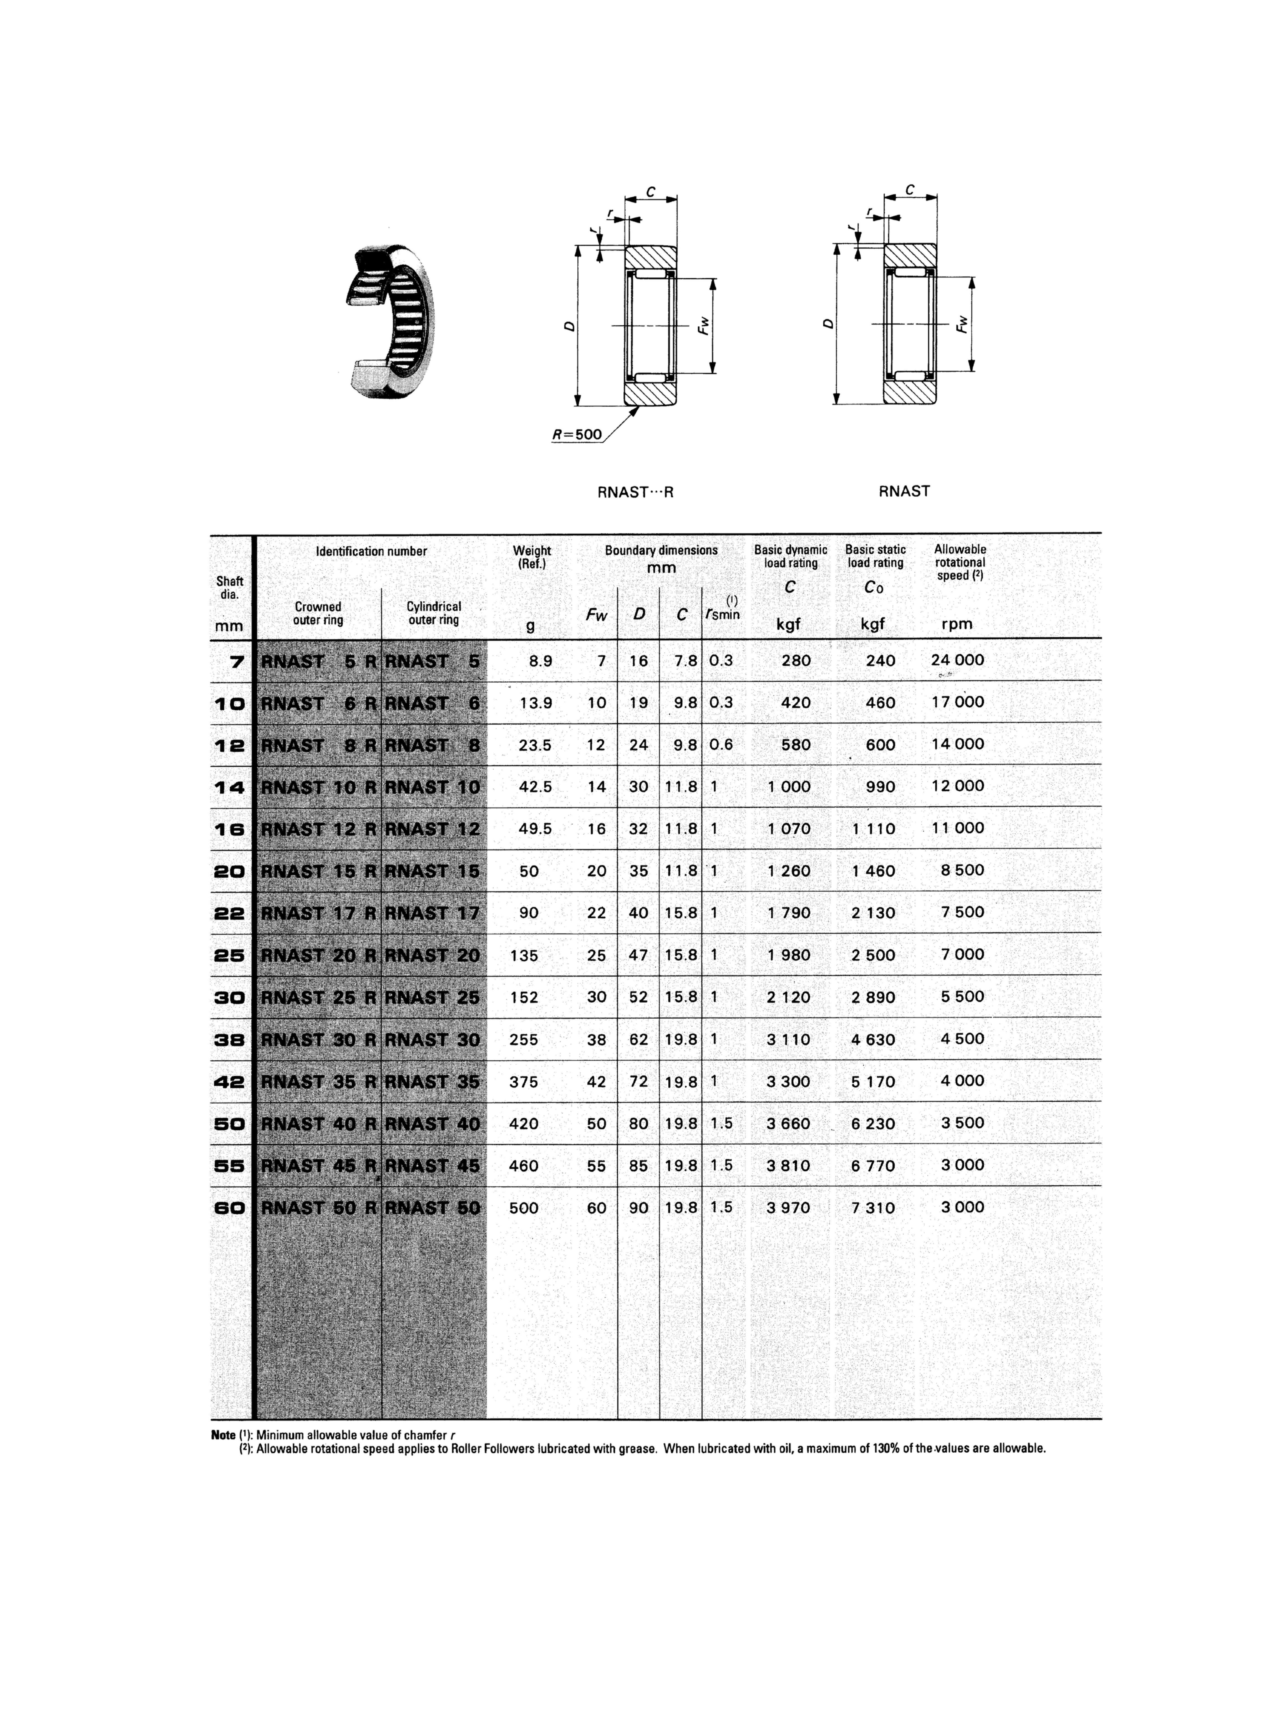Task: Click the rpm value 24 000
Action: point(957,660)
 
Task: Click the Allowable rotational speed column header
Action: point(959,562)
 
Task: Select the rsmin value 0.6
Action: point(721,745)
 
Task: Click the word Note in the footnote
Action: point(223,1435)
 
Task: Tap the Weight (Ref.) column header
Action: point(532,556)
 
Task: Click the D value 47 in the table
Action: point(639,955)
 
